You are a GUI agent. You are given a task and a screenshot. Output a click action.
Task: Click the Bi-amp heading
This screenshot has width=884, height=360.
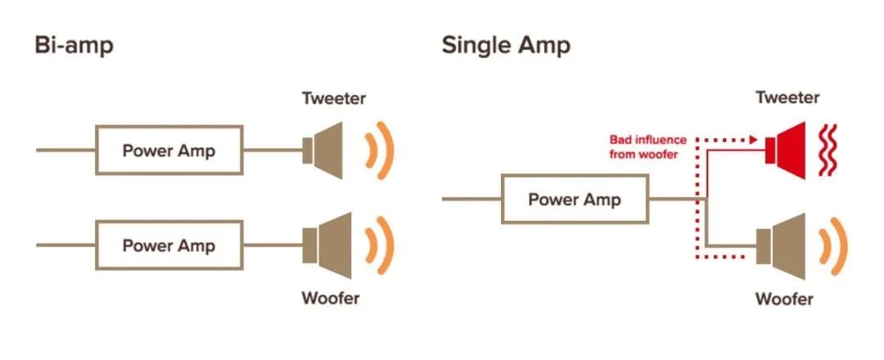click(74, 45)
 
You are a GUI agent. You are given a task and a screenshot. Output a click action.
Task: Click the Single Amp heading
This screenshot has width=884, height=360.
click(506, 45)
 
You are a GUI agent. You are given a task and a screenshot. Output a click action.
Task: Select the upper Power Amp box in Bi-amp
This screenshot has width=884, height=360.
click(169, 151)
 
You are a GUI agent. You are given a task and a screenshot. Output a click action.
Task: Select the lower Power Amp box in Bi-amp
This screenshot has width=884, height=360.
click(169, 245)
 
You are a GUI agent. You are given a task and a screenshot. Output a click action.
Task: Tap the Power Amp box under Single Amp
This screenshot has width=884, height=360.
click(575, 199)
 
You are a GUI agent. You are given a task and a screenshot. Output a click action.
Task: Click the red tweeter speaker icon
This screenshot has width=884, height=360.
click(787, 148)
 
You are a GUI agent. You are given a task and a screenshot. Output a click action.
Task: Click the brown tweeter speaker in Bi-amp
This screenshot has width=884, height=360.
click(327, 151)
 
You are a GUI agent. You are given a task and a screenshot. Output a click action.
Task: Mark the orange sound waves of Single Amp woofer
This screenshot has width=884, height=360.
click(835, 245)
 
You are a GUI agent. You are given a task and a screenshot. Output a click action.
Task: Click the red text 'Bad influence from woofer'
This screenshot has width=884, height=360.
click(647, 147)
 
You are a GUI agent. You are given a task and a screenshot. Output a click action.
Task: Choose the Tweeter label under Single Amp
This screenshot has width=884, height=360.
click(787, 97)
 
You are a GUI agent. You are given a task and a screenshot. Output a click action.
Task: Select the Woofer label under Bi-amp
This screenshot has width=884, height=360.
click(330, 298)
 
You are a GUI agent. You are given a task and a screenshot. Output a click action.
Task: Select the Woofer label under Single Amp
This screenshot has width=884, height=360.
click(784, 299)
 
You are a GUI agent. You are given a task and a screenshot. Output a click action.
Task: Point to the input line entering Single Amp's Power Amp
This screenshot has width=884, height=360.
click(471, 199)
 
